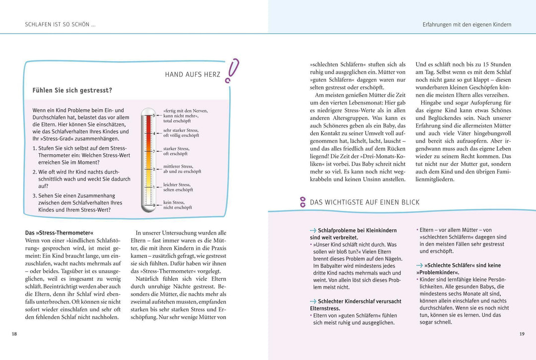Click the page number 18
pyautogui.click(x=14, y=334)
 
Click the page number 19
pyautogui.click(x=522, y=334)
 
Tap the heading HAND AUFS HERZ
pyautogui.click(x=193, y=75)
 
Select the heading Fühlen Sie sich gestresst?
pyautogui.click(x=72, y=90)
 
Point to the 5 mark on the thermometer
pyautogui.click(x=153, y=115)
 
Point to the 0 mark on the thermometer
pyautogui.click(x=153, y=204)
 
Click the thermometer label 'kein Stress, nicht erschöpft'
pyautogui.click(x=177, y=205)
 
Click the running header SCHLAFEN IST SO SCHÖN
pyautogui.click(x=60, y=24)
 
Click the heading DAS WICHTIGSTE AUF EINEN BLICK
pyautogui.click(x=364, y=202)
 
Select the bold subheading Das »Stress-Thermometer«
pyautogui.click(x=59, y=233)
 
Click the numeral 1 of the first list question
pyautogui.click(x=34, y=148)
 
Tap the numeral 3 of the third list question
pyautogui.click(x=34, y=196)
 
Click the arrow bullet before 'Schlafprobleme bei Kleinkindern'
pyautogui.click(x=313, y=231)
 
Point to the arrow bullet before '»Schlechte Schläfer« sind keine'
pyautogui.click(x=419, y=265)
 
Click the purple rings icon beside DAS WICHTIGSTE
pyautogui.click(x=302, y=202)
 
